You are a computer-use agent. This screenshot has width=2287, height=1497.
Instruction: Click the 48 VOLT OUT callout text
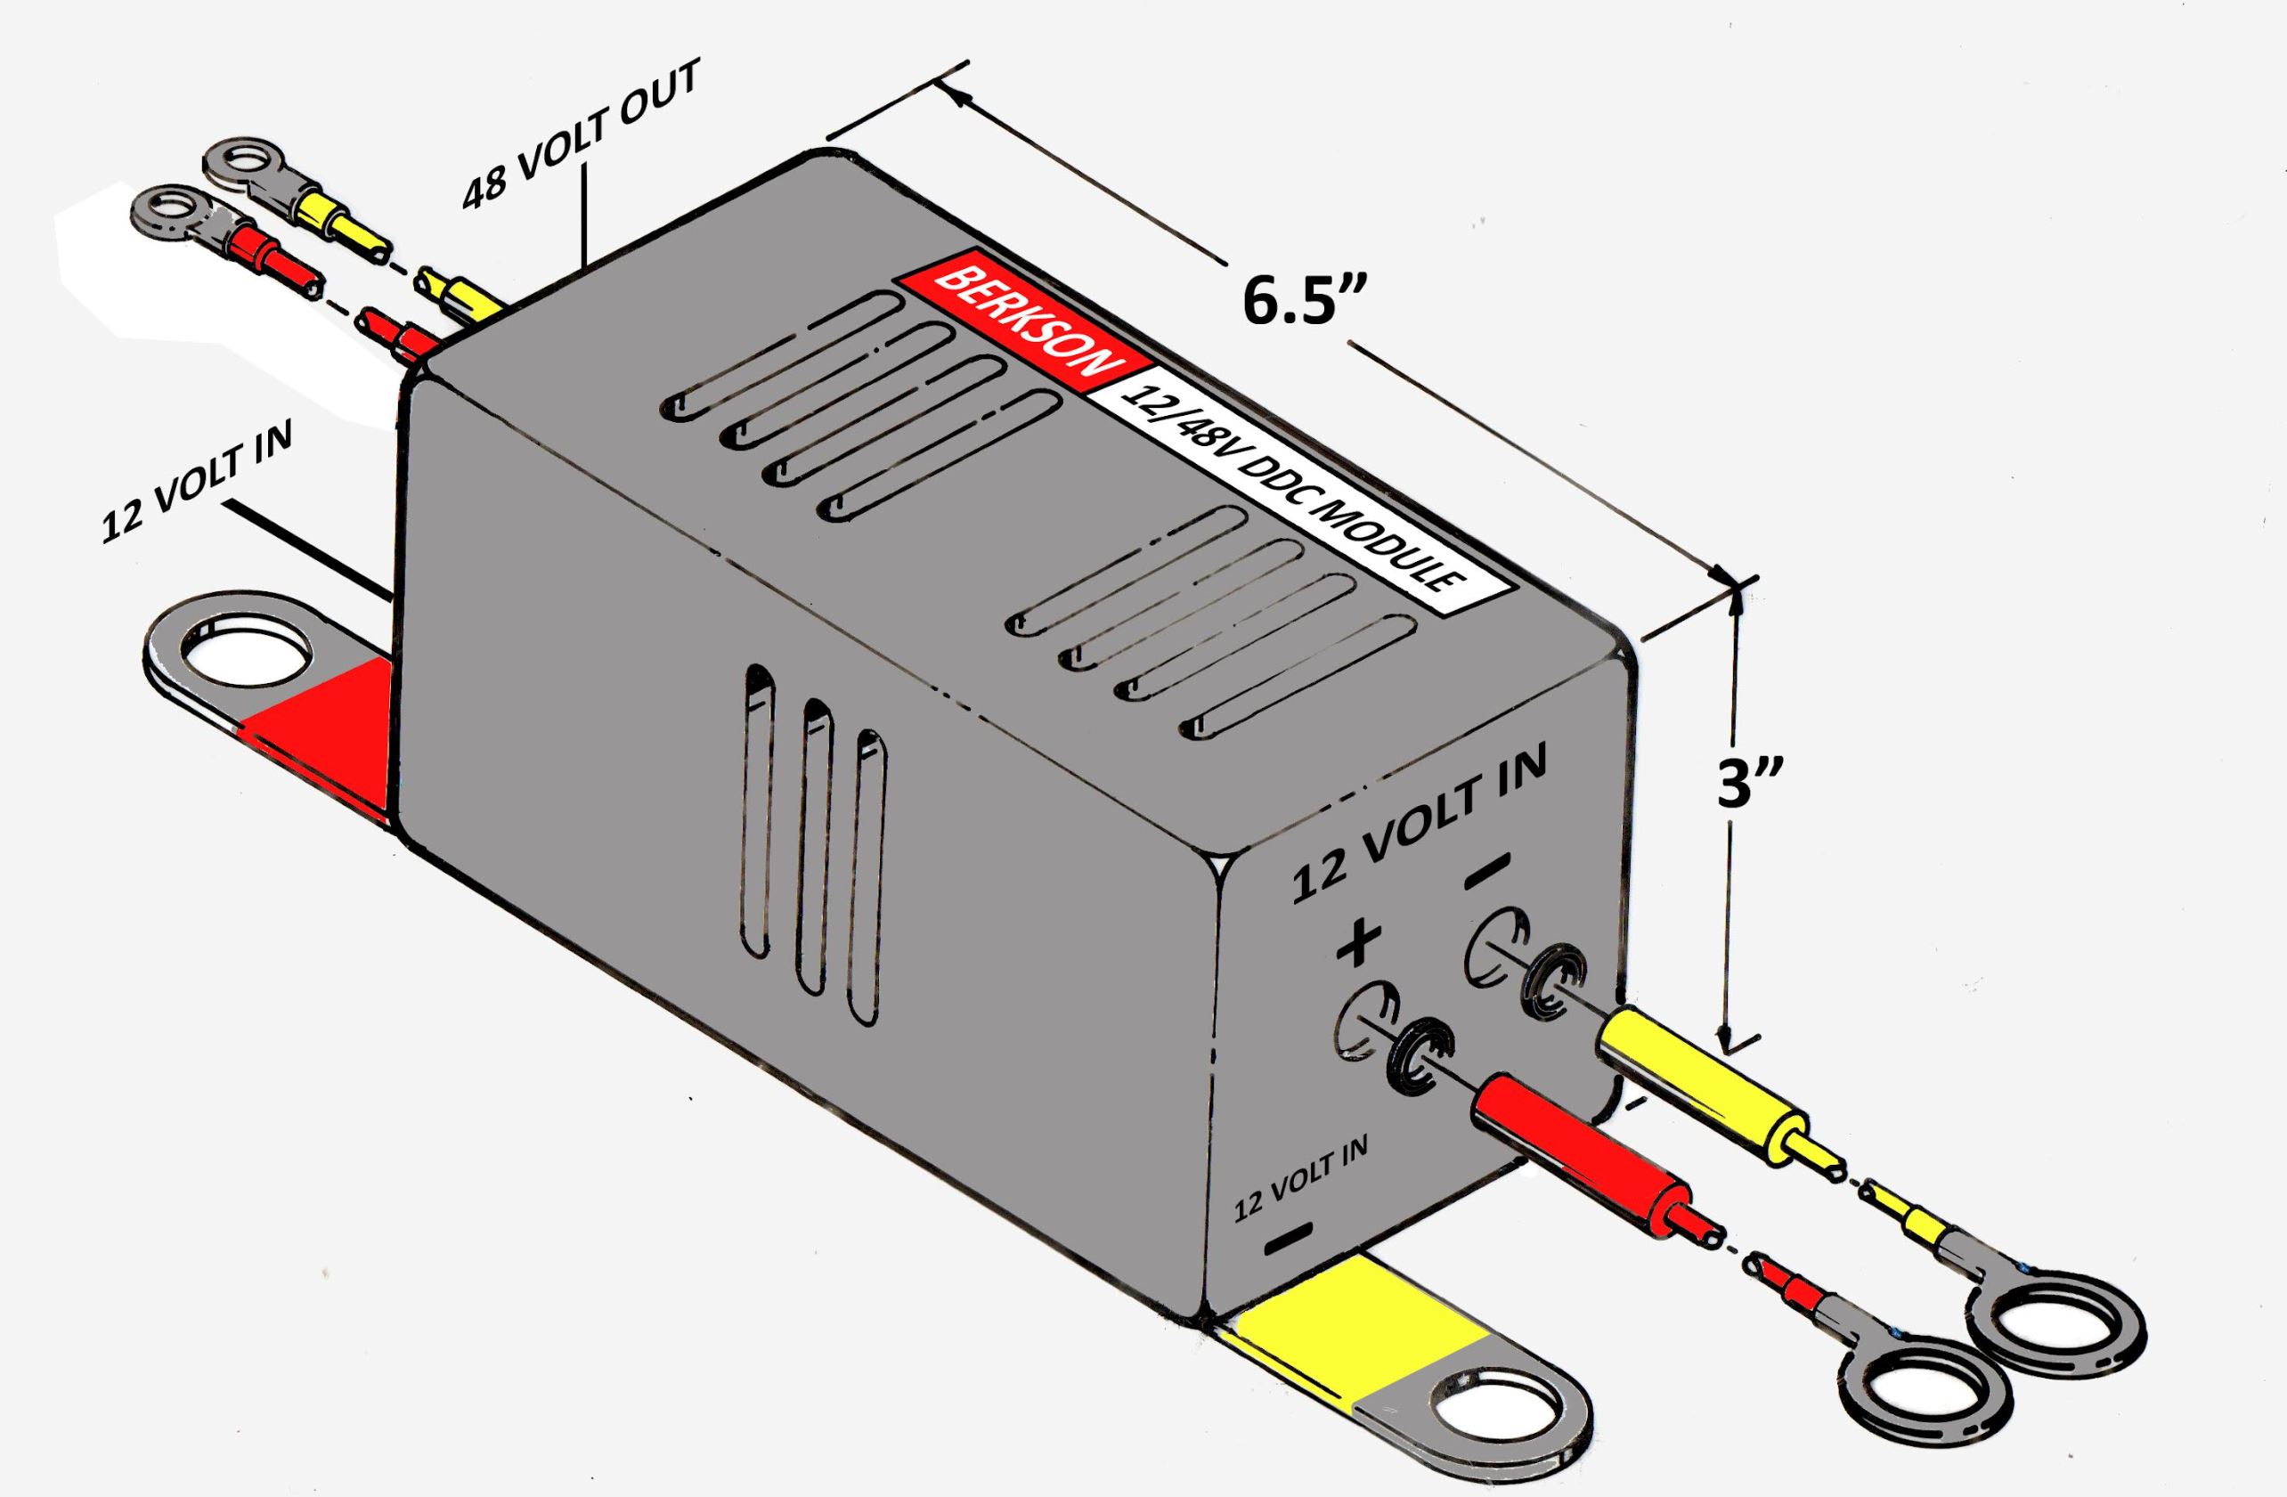pyautogui.click(x=582, y=134)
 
